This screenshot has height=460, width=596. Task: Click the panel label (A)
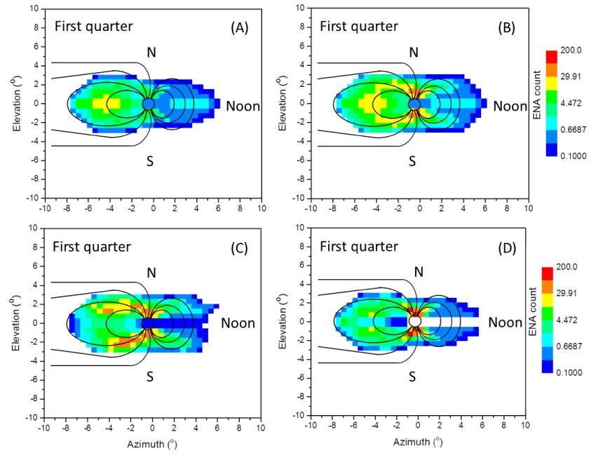(240, 28)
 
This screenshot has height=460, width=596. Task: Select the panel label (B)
(506, 28)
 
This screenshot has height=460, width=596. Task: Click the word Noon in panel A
(243, 107)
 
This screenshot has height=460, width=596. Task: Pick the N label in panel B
(414, 52)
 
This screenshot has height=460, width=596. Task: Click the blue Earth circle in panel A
(148, 104)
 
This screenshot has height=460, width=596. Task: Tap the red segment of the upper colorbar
(550, 56)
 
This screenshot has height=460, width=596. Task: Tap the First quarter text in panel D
(359, 247)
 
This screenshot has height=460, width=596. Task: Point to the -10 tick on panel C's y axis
(32, 417)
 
